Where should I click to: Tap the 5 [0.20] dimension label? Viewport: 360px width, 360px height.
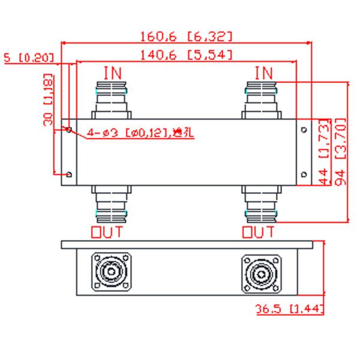[28, 58]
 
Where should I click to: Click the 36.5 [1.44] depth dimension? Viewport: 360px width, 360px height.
[289, 310]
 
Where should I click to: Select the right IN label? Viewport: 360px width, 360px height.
[263, 73]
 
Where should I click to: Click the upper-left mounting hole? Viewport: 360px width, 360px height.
[70, 129]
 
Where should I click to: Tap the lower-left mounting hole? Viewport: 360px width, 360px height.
[70, 175]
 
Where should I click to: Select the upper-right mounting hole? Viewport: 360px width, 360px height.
[304, 129]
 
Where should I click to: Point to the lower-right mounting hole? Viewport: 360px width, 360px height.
[304, 175]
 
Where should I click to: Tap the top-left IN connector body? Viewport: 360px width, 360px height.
[112, 99]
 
